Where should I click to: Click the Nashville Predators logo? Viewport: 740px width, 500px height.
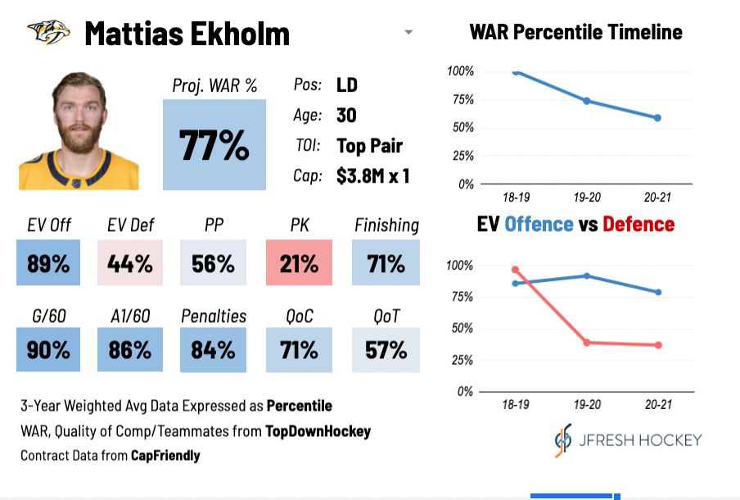point(49,34)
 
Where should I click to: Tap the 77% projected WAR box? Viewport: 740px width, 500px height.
point(214,144)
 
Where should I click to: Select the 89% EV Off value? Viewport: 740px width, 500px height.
point(48,263)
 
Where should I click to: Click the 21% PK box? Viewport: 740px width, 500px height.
point(299,263)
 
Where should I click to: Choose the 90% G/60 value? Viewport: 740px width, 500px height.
point(48,350)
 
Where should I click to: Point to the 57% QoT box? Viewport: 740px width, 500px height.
point(386,350)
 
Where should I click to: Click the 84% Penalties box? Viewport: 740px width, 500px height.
point(213,350)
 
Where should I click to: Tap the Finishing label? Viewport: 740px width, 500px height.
point(386,225)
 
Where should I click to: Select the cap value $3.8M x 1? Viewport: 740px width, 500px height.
point(372,175)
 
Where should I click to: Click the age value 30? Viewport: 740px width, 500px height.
point(346,116)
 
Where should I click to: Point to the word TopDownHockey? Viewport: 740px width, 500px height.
point(318,430)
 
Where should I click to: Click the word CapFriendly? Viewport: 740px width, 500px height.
point(166,455)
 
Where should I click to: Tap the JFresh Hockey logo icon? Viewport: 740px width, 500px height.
point(563,440)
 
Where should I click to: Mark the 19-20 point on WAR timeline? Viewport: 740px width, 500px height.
point(586,101)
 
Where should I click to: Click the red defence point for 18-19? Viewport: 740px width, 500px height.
point(516,270)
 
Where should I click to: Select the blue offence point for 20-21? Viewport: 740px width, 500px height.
point(657,292)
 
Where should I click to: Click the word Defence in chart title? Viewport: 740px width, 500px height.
point(638,225)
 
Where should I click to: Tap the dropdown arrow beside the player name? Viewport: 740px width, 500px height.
point(408,33)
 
